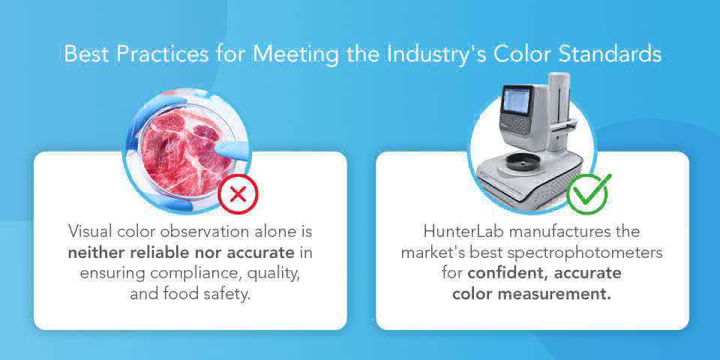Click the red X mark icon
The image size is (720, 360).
click(238, 195)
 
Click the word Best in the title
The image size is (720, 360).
click(87, 54)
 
